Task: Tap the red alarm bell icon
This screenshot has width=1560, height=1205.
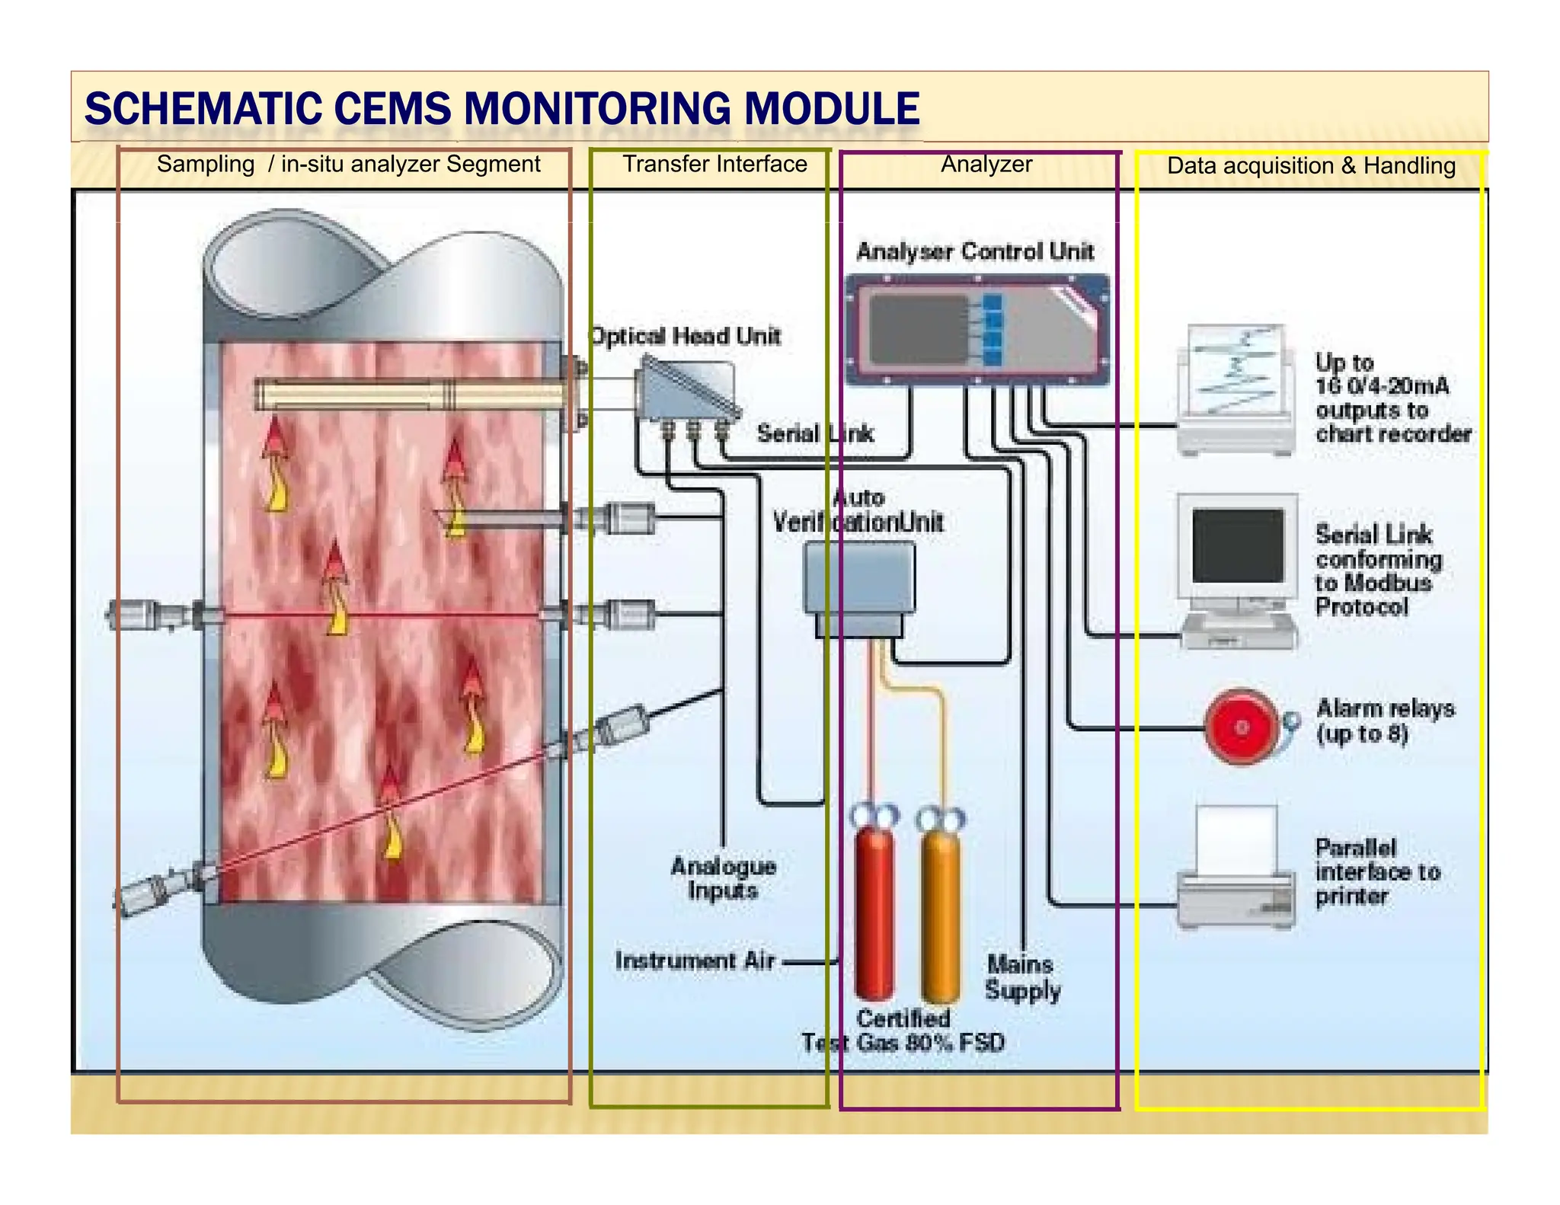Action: pos(1242,727)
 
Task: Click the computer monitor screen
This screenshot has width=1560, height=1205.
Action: pos(1238,545)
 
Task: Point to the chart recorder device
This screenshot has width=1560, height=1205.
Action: pos(1236,390)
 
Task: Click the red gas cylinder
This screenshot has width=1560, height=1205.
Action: pos(874,914)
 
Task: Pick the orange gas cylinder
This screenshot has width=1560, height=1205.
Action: pos(940,914)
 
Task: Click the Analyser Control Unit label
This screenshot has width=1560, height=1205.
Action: pos(975,251)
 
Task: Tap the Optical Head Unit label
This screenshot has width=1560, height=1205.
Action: pos(686,336)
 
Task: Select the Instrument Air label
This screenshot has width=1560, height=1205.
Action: pos(695,960)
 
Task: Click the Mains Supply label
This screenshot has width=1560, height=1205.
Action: pos(1022,977)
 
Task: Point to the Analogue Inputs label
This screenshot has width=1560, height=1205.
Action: pos(723,878)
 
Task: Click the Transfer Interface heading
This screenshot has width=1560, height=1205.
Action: pos(714,164)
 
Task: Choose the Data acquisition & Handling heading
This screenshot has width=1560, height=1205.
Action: pos(1311,165)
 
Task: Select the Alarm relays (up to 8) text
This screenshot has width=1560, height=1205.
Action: pos(1385,721)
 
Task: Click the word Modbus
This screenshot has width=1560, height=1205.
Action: pos(1387,583)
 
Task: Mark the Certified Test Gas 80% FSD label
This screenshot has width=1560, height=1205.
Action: pos(903,1030)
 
